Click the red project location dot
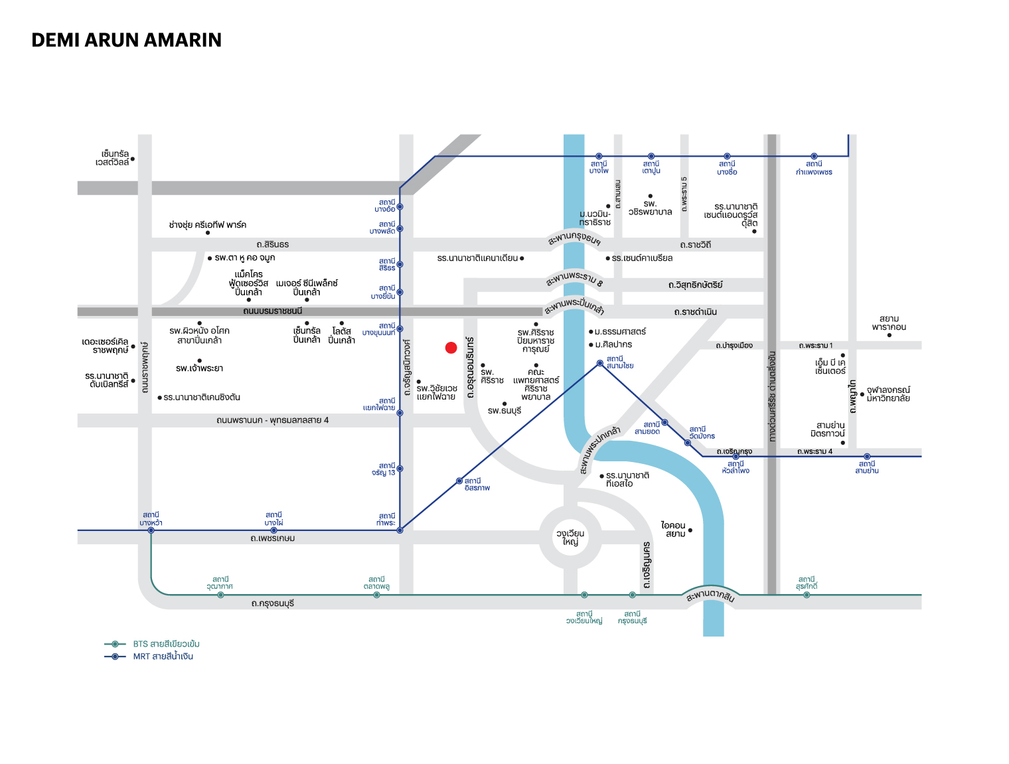coord(451,348)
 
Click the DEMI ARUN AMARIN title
coord(126,40)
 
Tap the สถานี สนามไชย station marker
coord(600,363)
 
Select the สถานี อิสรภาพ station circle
coord(459,481)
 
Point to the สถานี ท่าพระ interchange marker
coord(400,530)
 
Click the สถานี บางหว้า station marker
coord(151,530)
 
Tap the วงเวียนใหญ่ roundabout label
coord(570,538)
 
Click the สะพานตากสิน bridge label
coord(710,595)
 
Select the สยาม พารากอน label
coord(889,323)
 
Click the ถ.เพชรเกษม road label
coord(273,538)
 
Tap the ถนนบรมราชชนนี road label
coord(273,311)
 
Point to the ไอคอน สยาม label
coord(673,529)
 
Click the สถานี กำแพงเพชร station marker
coord(814,156)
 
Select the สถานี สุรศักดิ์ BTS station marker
coord(807,595)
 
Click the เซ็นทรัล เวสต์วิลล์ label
coord(112,158)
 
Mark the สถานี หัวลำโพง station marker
coord(736,457)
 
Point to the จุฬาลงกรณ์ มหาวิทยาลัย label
coord(888,394)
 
